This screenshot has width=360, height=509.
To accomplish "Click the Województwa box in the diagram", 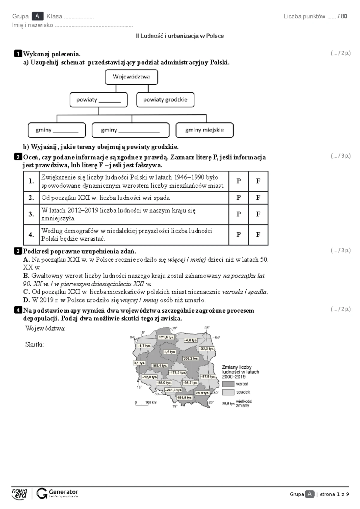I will [131, 77].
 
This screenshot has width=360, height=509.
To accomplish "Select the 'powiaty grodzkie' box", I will [165, 100].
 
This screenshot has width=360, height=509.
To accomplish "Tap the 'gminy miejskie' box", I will [204, 130].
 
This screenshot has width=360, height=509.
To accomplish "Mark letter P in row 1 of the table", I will [238, 181].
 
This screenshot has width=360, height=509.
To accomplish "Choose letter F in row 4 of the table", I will [258, 235].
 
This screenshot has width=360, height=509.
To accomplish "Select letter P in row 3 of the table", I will [238, 214].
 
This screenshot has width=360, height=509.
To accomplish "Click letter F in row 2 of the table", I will [258, 198].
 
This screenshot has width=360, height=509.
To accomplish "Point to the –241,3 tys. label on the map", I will [174, 390].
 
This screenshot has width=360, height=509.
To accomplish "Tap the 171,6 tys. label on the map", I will [166, 337].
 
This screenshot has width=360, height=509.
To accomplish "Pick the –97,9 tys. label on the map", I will [208, 377].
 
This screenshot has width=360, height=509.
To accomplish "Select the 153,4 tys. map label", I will [159, 365].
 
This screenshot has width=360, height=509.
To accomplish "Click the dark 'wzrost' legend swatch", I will [228, 384].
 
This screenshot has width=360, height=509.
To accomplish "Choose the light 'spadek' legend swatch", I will [228, 392].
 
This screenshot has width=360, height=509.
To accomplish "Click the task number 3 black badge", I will [18, 251].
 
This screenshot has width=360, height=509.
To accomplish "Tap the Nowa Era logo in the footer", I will [19, 493].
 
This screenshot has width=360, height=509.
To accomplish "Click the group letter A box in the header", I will [37, 16].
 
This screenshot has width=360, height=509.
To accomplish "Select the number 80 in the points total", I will [344, 16].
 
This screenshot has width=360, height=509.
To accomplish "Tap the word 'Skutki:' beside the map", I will [35, 344].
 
